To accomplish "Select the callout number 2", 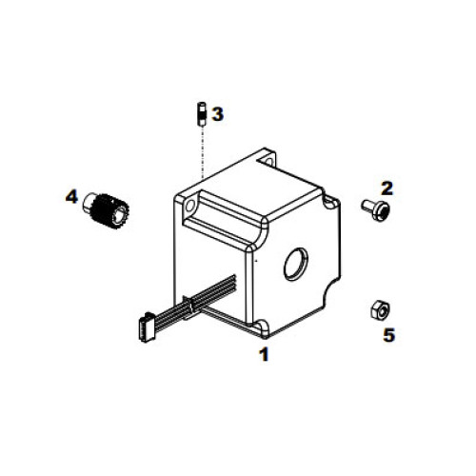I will click(x=387, y=188).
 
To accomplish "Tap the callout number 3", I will click(x=218, y=114).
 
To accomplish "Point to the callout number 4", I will click(x=71, y=197).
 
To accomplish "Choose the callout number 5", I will click(x=387, y=334).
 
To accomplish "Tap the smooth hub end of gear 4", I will click(x=92, y=202).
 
